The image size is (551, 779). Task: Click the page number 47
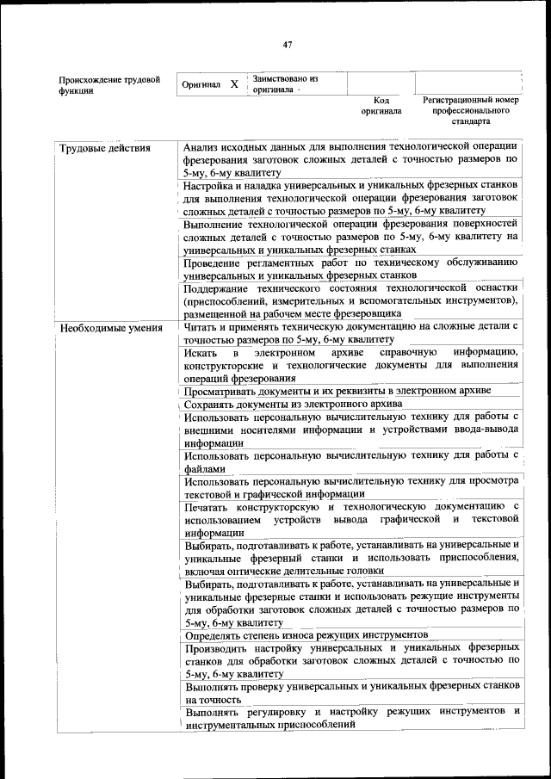click(288, 45)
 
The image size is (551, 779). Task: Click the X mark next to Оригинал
click(234, 85)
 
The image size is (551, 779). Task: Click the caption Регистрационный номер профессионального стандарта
click(471, 111)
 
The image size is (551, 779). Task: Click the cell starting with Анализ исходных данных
click(350, 160)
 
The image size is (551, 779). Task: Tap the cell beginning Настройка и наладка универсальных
click(350, 197)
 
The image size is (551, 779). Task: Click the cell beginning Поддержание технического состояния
click(350, 300)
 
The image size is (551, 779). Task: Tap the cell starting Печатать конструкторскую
click(350, 520)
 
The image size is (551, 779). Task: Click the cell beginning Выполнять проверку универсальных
click(350, 693)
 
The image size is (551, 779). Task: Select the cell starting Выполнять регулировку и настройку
click(350, 719)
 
